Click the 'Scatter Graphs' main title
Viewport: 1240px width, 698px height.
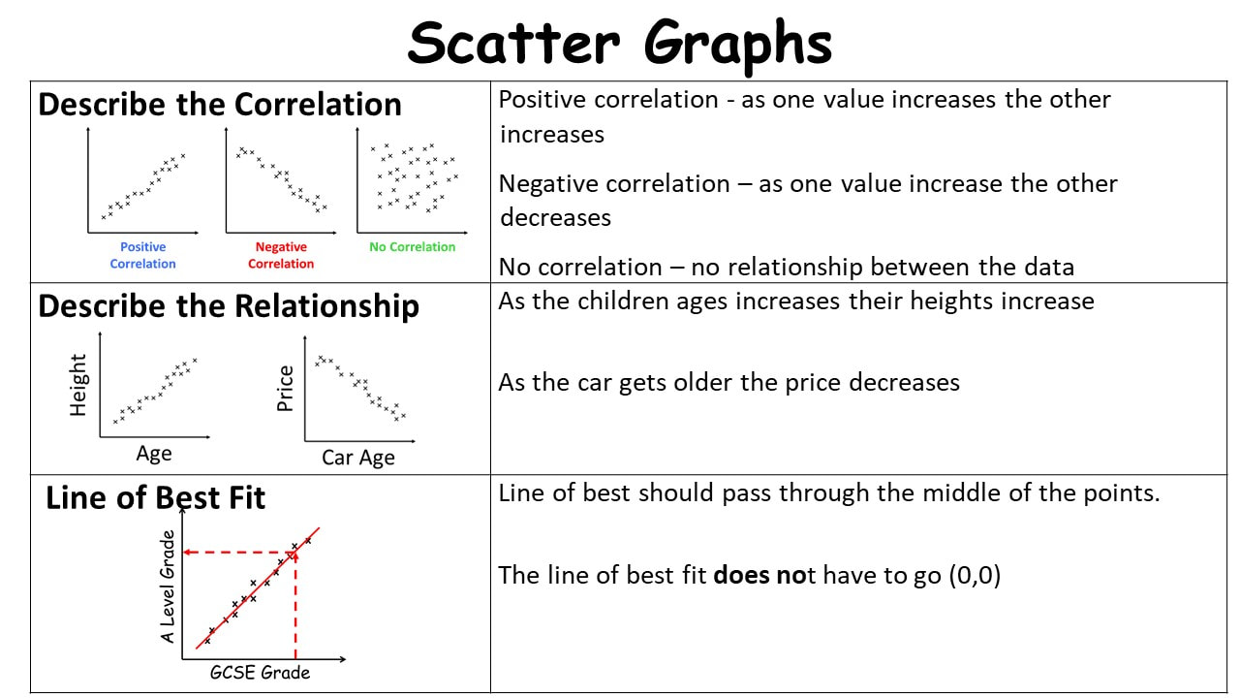coord(619,45)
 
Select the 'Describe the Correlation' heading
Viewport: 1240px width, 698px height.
coord(220,104)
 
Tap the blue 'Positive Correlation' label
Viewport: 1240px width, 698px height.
coord(142,255)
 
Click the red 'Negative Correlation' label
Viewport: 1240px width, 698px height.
coord(281,255)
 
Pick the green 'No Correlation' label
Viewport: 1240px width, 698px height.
coord(413,247)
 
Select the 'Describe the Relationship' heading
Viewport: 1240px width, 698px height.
coord(229,306)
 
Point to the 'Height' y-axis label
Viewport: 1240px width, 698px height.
coord(78,385)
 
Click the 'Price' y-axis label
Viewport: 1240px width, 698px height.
coord(285,389)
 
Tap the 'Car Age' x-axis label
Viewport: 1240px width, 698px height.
coord(358,458)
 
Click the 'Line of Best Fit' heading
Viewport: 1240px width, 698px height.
coord(156,497)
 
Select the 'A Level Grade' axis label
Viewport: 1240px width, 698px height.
coord(168,587)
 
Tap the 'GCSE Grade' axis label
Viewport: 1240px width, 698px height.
coord(260,673)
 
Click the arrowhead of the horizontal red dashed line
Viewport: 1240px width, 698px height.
coord(188,553)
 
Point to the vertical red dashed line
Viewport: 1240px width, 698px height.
coord(295,605)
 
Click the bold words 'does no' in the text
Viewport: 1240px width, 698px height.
coord(760,575)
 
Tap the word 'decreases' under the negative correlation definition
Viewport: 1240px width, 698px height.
coord(555,218)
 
